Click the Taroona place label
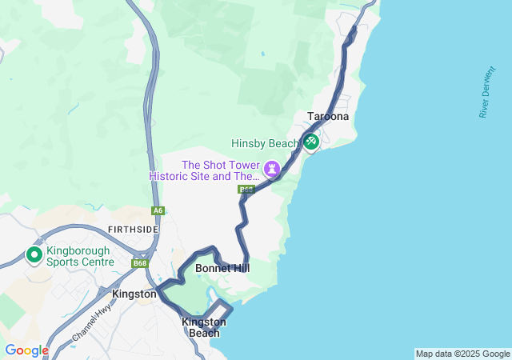[328, 117]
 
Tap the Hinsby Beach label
[265, 144]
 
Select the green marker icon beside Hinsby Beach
[310, 142]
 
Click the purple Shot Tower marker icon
[273, 169]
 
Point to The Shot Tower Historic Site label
[205, 170]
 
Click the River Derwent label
[484, 98]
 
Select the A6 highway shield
[158, 211]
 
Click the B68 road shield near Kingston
[140, 263]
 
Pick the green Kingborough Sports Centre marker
[34, 255]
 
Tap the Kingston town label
[134, 294]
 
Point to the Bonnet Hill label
[222, 269]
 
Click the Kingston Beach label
[204, 327]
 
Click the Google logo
[26, 350]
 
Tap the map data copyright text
[462, 354]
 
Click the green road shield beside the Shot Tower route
[246, 190]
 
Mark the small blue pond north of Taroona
[262, 54]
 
